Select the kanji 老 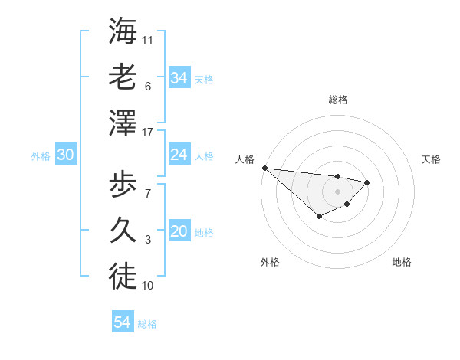123,77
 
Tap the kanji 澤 123,123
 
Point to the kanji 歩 123,185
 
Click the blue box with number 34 179,77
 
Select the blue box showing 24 179,155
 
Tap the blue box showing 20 179,232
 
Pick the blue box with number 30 65,155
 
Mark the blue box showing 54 122,322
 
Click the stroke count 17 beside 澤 148,132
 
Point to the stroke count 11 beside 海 148,39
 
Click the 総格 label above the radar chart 337,100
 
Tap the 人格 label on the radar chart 245,159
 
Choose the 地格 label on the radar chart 402,262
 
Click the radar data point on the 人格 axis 264,168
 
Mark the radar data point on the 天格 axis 367,182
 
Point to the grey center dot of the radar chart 337,191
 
